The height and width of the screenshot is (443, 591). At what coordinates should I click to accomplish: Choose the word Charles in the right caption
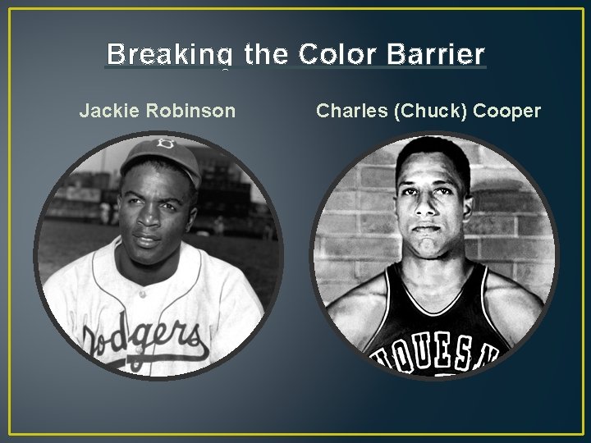click(350, 110)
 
